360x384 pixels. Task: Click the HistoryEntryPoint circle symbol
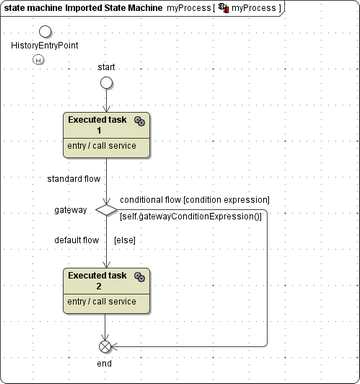coord(44,33)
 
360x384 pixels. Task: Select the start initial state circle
coord(106,83)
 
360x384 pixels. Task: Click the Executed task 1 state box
coord(106,134)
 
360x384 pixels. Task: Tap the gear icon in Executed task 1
coord(140,120)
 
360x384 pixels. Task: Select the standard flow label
coord(74,180)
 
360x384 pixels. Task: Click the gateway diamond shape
coord(106,210)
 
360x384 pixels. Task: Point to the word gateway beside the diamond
coord(71,211)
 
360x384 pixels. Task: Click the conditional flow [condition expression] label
coord(194,199)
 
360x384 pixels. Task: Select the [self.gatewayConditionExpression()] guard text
coord(190,217)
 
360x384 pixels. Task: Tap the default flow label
coord(77,240)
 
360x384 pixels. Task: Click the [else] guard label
coord(125,240)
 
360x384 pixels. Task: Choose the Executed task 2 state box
coord(106,289)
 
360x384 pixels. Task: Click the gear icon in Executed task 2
coord(140,276)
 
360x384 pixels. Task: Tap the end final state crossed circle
coord(106,346)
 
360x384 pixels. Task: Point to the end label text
coord(104,364)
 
